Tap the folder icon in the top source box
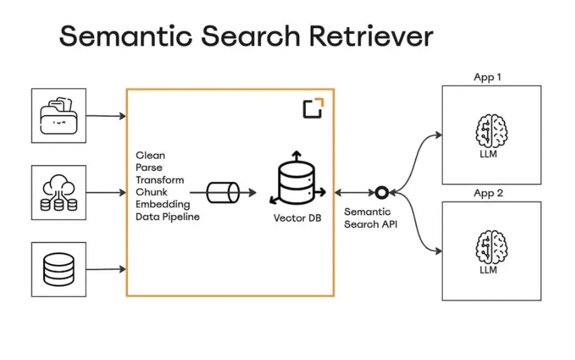(x=58, y=116)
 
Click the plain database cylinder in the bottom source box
(x=58, y=268)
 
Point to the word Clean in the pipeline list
(x=151, y=155)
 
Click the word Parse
(x=150, y=168)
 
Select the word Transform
(x=160, y=180)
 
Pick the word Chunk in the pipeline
(x=151, y=192)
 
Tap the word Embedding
(x=162, y=205)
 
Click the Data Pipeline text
(x=168, y=217)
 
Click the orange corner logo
(x=314, y=108)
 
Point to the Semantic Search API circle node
(x=381, y=193)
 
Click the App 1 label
(x=487, y=77)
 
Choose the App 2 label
(x=488, y=194)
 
